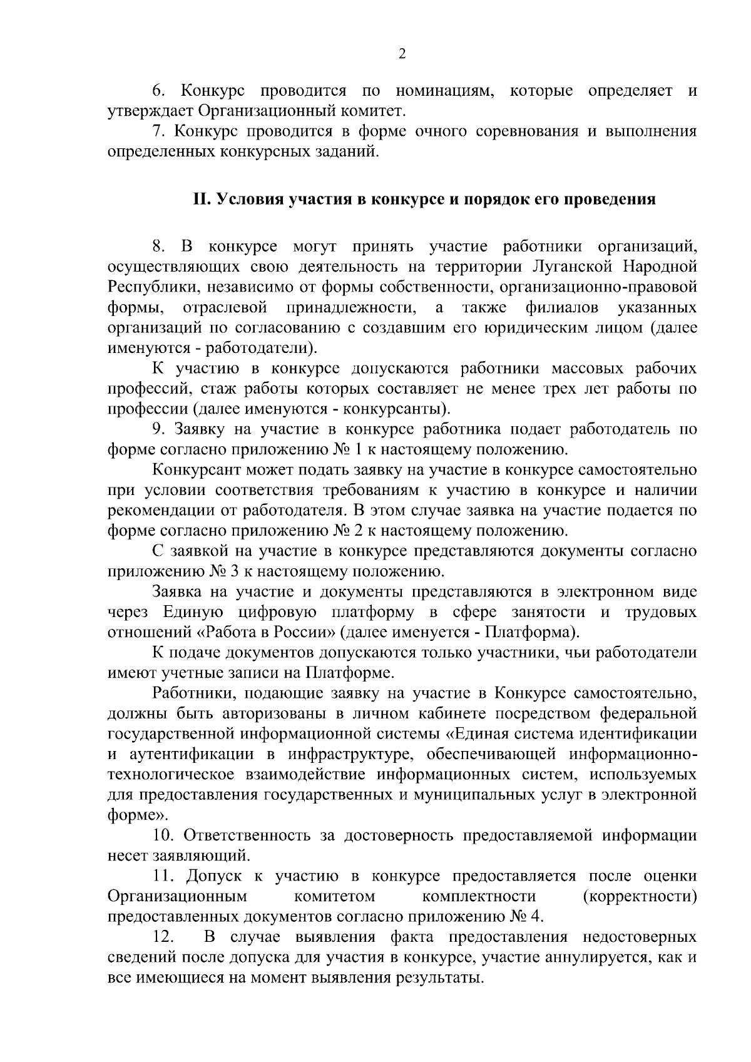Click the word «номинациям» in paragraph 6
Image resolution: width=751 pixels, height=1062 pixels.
[445, 91]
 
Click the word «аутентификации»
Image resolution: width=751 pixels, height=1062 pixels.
[188, 753]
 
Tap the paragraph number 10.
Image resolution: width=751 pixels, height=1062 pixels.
[162, 835]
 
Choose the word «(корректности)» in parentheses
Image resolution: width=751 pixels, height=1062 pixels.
[640, 896]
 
